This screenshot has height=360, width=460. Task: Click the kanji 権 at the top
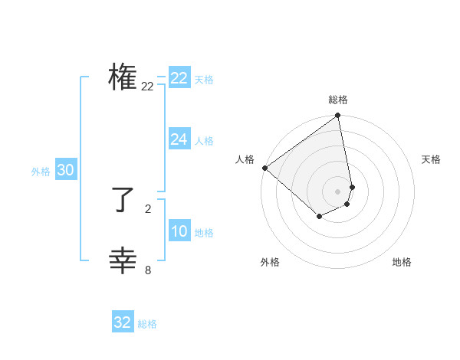point(123,78)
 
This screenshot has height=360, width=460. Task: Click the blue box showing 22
point(179,78)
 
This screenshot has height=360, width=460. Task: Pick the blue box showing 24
point(179,139)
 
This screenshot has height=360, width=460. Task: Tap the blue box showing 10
point(179,232)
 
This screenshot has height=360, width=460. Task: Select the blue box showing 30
point(65,170)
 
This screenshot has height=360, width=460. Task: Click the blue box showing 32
point(123,322)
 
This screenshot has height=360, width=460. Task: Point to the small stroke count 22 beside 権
point(147,87)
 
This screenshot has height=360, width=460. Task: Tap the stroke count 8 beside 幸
point(148,270)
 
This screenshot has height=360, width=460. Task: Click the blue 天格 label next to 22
point(204,80)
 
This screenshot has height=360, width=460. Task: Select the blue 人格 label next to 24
point(204,141)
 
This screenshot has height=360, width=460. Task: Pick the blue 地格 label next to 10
point(204,233)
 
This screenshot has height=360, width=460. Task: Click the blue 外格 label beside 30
point(41,172)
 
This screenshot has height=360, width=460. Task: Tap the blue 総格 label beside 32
point(147,324)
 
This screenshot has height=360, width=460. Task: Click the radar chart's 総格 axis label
point(338,100)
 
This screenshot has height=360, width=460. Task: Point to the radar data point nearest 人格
point(264,168)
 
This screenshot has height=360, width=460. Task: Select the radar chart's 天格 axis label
point(431,159)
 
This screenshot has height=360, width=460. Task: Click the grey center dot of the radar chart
point(337,191)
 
